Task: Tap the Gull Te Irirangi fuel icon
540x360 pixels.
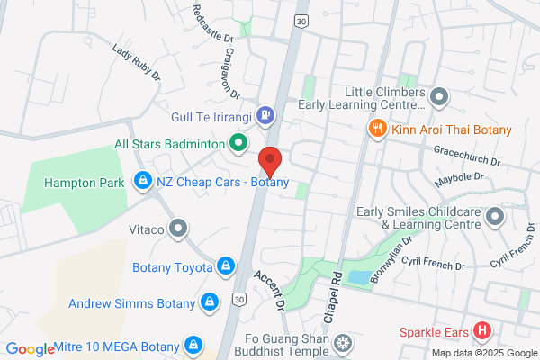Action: [265, 114]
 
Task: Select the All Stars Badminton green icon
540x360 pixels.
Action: [238, 143]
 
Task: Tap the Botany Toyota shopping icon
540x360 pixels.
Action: [225, 266]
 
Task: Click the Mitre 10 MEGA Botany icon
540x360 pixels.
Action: [192, 343]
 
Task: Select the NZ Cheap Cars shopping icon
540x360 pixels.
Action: [142, 182]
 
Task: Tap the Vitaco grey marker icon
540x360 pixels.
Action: [179, 229]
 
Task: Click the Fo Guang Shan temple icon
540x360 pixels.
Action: [342, 342]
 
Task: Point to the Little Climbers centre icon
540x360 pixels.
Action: [439, 95]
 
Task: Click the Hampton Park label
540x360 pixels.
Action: [86, 183]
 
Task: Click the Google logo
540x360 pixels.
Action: [31, 349]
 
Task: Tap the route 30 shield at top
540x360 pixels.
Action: [301, 20]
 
